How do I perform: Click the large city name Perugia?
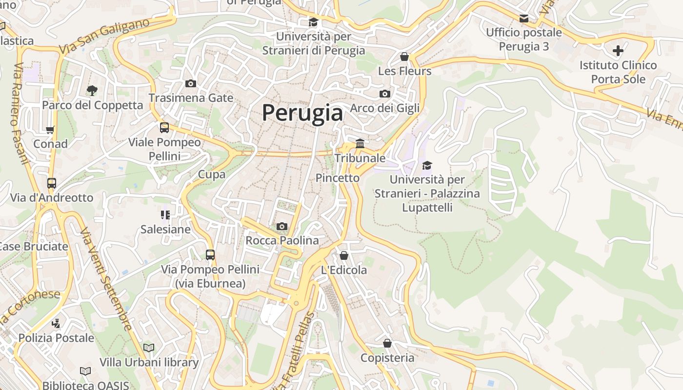point(302,113)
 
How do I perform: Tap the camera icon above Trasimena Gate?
point(191,83)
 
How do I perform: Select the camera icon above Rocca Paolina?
point(281,226)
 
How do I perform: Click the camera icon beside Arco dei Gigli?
point(384,94)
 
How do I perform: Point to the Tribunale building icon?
point(360,143)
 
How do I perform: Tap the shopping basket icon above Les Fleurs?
point(404,57)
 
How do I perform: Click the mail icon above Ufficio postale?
point(523,19)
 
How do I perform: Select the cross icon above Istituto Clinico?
point(618,50)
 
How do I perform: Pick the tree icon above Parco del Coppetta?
point(91,90)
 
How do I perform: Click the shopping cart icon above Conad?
point(50,130)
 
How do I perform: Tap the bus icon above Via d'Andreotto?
point(52,183)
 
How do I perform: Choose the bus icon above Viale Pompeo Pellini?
point(164,128)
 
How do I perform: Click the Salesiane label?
point(165,229)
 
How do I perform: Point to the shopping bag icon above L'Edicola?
point(343,255)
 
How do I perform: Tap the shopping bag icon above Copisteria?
point(387,343)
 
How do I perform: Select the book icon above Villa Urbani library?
point(149,348)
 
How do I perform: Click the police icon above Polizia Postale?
point(56,323)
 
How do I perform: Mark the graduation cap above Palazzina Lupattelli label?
point(427,166)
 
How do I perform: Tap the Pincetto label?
point(337,178)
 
